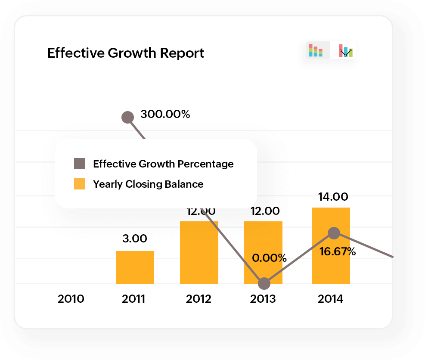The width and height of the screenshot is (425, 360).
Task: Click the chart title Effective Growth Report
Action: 125,53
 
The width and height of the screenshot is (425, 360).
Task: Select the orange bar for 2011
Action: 135,267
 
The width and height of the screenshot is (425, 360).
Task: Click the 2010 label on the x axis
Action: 71,299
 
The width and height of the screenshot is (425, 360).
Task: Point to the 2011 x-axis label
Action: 133,299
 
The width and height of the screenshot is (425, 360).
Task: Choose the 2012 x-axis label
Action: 199,299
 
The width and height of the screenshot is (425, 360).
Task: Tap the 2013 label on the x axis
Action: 263,299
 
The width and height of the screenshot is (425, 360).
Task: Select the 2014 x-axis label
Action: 330,299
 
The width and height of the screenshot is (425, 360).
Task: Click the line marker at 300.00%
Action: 127,117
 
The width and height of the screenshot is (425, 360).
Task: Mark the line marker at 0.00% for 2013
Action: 264,284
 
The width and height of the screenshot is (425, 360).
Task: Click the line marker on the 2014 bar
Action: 334,233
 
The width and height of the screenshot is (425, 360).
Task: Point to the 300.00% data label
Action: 165,115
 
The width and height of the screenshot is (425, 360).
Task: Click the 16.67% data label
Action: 338,252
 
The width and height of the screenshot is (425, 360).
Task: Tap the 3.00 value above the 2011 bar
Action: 135,239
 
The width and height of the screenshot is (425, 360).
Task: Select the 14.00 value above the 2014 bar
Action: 333,197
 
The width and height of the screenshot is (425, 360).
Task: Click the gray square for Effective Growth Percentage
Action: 80,164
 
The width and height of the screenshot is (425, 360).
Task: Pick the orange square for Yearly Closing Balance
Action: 80,184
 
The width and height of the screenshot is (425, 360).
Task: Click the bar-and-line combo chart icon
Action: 345,50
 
